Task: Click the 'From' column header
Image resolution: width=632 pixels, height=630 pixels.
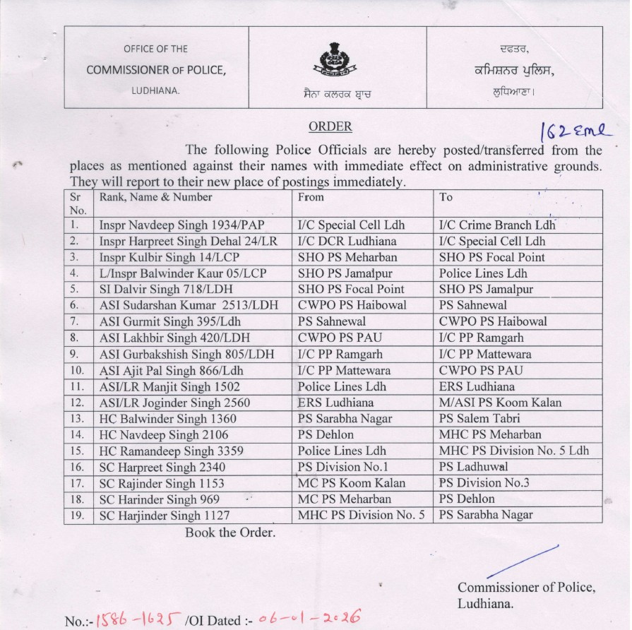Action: [311, 198]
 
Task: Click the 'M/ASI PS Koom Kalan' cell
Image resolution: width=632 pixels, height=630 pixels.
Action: [501, 403]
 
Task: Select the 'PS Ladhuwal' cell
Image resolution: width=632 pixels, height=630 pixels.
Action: [473, 467]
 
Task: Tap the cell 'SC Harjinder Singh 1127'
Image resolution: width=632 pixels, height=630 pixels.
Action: [165, 515]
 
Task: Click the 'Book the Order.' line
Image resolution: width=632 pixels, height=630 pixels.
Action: [229, 533]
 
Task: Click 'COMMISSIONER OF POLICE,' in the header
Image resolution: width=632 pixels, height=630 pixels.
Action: [156, 70]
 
